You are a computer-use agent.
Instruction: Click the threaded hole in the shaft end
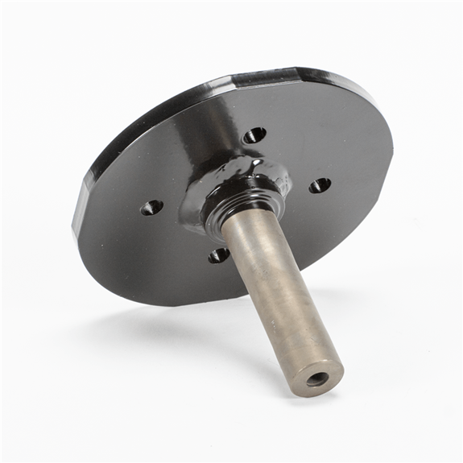pyautogui.click(x=317, y=378)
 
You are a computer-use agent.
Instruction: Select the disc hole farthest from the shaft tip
pyautogui.click(x=254, y=134)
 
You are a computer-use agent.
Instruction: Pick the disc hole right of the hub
pyautogui.click(x=320, y=185)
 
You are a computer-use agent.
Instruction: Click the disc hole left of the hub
pyautogui.click(x=151, y=208)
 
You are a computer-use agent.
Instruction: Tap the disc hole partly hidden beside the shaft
pyautogui.click(x=218, y=255)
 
